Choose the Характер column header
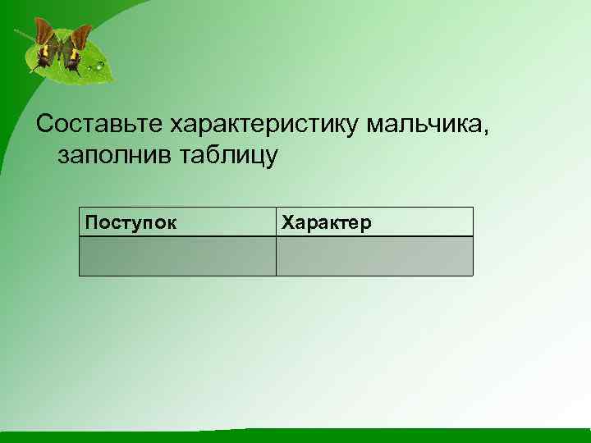pyautogui.click(x=327, y=222)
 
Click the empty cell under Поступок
pyautogui.click(x=177, y=256)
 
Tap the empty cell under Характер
pyautogui.click(x=374, y=256)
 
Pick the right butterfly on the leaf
pyautogui.click(x=76, y=48)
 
